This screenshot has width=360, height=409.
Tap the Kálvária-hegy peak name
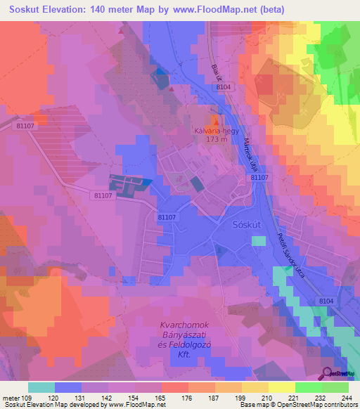coord(216,131)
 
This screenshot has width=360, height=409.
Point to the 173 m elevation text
coord(216,140)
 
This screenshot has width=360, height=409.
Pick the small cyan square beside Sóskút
coord(259,241)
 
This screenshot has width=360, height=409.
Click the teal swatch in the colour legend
coord(41,387)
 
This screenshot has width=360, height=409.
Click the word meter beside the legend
coord(11,398)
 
